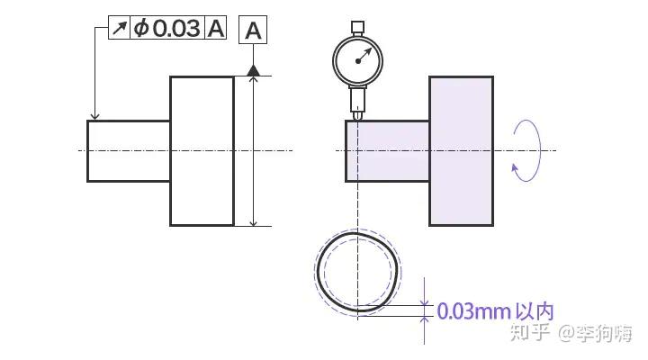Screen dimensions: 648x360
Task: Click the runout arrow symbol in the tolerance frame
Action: point(120,28)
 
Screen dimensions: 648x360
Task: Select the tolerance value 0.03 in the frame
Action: point(176,28)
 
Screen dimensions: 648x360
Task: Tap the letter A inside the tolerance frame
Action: point(216,28)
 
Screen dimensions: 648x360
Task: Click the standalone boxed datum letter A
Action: point(254,31)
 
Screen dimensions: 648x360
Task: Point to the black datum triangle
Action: point(254,69)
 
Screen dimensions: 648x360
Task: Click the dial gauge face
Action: point(359,59)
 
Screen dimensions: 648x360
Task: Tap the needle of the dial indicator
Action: point(364,56)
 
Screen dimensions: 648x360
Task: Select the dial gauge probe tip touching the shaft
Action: point(358,116)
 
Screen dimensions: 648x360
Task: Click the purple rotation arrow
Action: point(527,150)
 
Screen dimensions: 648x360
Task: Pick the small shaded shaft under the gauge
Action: point(387,150)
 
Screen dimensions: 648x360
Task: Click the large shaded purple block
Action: point(461,150)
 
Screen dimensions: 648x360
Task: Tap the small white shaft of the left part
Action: point(129,150)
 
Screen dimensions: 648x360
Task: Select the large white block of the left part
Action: point(202,150)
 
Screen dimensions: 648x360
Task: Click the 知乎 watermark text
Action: point(530,334)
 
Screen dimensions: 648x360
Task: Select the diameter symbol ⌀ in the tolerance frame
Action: point(141,28)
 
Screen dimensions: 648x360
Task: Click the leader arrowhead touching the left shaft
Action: point(94,115)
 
